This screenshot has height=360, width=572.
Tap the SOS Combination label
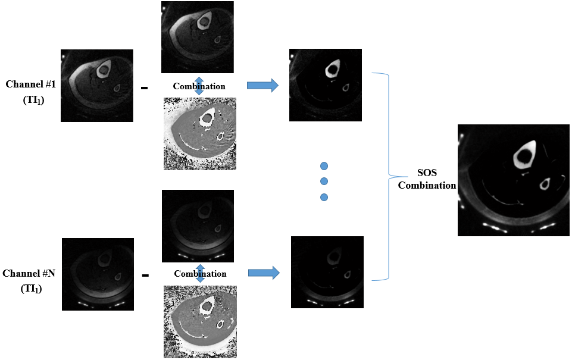click(x=427, y=179)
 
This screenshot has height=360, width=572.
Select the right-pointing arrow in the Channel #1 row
click(x=262, y=86)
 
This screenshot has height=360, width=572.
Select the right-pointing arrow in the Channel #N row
click(x=264, y=273)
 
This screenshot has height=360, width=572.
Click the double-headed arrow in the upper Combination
click(x=199, y=86)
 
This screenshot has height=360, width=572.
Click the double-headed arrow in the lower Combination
click(x=200, y=274)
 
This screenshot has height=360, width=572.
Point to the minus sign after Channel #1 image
click(x=144, y=88)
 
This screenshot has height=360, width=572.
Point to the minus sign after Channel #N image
click(x=145, y=276)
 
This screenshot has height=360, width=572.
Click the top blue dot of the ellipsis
click(x=324, y=165)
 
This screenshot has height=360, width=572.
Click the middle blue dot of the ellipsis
click(x=324, y=181)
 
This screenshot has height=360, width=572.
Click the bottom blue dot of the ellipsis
click(x=324, y=197)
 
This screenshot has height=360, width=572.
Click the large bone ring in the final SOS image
click(x=524, y=156)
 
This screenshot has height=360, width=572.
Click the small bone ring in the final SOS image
click(x=544, y=185)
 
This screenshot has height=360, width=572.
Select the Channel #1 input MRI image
click(x=96, y=86)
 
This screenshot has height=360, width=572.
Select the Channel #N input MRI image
click(x=98, y=274)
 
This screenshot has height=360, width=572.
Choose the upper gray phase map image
click(x=199, y=134)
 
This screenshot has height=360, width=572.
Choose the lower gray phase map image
click(x=200, y=321)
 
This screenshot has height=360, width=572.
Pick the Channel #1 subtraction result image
click(x=326, y=85)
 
